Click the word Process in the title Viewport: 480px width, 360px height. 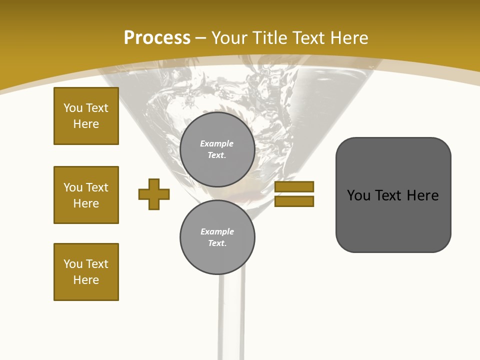pyautogui.click(x=157, y=38)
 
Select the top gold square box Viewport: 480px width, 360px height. pyautogui.click(x=86, y=116)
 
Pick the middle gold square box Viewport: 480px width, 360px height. pyautogui.click(x=86, y=195)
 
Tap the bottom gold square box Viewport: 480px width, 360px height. pyautogui.click(x=86, y=272)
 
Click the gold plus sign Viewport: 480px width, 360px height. pyautogui.click(x=154, y=194)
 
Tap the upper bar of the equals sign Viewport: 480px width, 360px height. pyautogui.click(x=294, y=186)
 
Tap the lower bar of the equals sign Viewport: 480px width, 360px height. pyautogui.click(x=294, y=201)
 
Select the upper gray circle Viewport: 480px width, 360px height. pyautogui.click(x=217, y=149)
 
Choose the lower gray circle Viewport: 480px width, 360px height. pyautogui.click(x=217, y=237)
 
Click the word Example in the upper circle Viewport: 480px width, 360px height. pyautogui.click(x=216, y=143)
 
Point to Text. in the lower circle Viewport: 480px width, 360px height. pyautogui.click(x=217, y=243)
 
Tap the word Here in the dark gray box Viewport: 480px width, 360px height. pyautogui.click(x=422, y=195)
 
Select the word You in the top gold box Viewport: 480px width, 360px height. pyautogui.click(x=73, y=108)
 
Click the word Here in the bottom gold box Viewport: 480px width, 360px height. pyautogui.click(x=86, y=280)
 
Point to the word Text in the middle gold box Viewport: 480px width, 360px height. pyautogui.click(x=97, y=187)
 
